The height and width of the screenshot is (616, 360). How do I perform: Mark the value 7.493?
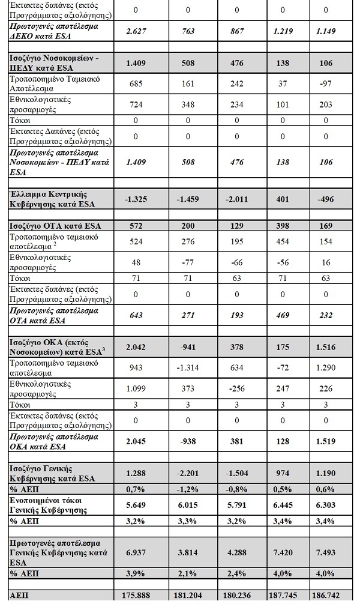click(328, 551)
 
